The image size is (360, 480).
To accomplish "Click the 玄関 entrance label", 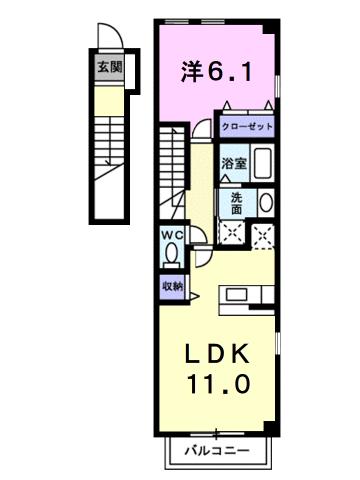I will [x=108, y=69].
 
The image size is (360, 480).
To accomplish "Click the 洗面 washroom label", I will [x=236, y=203].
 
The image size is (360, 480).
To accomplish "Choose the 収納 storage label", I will [x=173, y=286].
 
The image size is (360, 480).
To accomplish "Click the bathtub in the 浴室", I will [x=262, y=162].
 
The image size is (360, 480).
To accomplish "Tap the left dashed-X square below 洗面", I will [x=232, y=234].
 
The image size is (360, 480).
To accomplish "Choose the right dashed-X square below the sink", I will [x=264, y=234].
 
